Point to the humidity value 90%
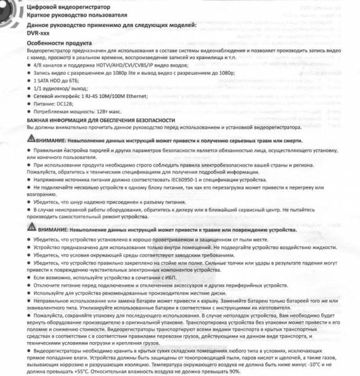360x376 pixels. pyautogui.click(x=233, y=371)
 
